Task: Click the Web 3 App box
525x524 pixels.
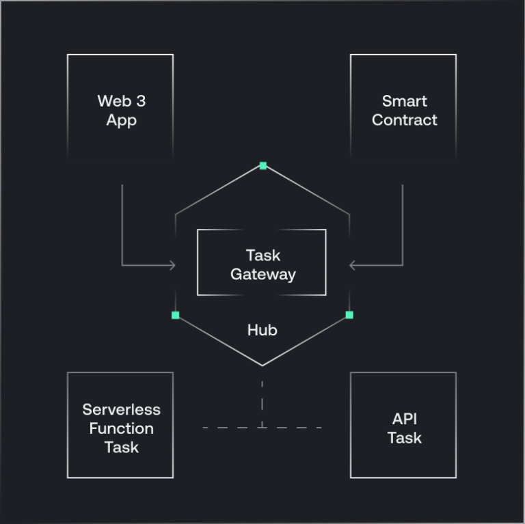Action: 120,109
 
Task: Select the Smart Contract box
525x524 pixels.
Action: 403,109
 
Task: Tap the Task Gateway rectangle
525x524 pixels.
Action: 262,263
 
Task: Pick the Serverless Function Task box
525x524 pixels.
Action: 120,425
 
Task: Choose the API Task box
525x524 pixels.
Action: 403,425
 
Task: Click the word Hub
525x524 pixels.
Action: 262,331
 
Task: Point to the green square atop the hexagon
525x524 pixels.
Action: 262,165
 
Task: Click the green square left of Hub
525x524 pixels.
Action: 176,315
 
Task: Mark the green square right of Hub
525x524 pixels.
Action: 349,315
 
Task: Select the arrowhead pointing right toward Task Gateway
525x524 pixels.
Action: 172,265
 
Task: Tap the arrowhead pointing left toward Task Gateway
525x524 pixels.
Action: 353,265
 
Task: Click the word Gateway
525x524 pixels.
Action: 263,275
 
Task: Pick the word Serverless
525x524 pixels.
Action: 122,410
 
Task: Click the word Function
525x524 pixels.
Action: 122,429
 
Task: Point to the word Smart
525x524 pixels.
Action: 405,101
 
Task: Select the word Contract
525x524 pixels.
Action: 405,120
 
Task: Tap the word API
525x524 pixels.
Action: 405,419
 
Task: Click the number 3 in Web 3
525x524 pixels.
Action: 140,101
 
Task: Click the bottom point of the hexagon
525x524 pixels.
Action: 262,366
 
